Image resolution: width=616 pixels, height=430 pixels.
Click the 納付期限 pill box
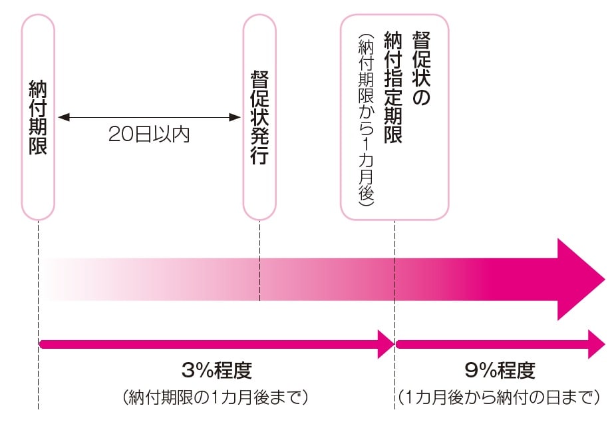(38, 117)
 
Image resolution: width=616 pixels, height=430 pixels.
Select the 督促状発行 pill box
(259, 117)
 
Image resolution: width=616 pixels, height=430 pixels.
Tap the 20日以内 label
(149, 134)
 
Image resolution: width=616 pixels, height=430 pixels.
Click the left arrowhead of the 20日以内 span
(63, 117)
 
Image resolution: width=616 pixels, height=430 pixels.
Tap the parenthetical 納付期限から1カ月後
(366, 120)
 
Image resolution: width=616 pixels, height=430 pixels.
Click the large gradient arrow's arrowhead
(580, 278)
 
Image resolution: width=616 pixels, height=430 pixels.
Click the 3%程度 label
(217, 370)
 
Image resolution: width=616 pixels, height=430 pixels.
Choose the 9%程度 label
(500, 370)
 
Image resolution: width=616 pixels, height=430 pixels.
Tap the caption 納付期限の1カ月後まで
(217, 398)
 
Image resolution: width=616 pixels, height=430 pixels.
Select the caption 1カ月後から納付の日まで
(500, 398)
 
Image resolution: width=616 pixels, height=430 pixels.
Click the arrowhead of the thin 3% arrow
(386, 343)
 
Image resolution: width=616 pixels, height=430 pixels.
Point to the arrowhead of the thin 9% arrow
(596, 343)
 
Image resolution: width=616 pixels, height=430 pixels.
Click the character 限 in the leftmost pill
(38, 146)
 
